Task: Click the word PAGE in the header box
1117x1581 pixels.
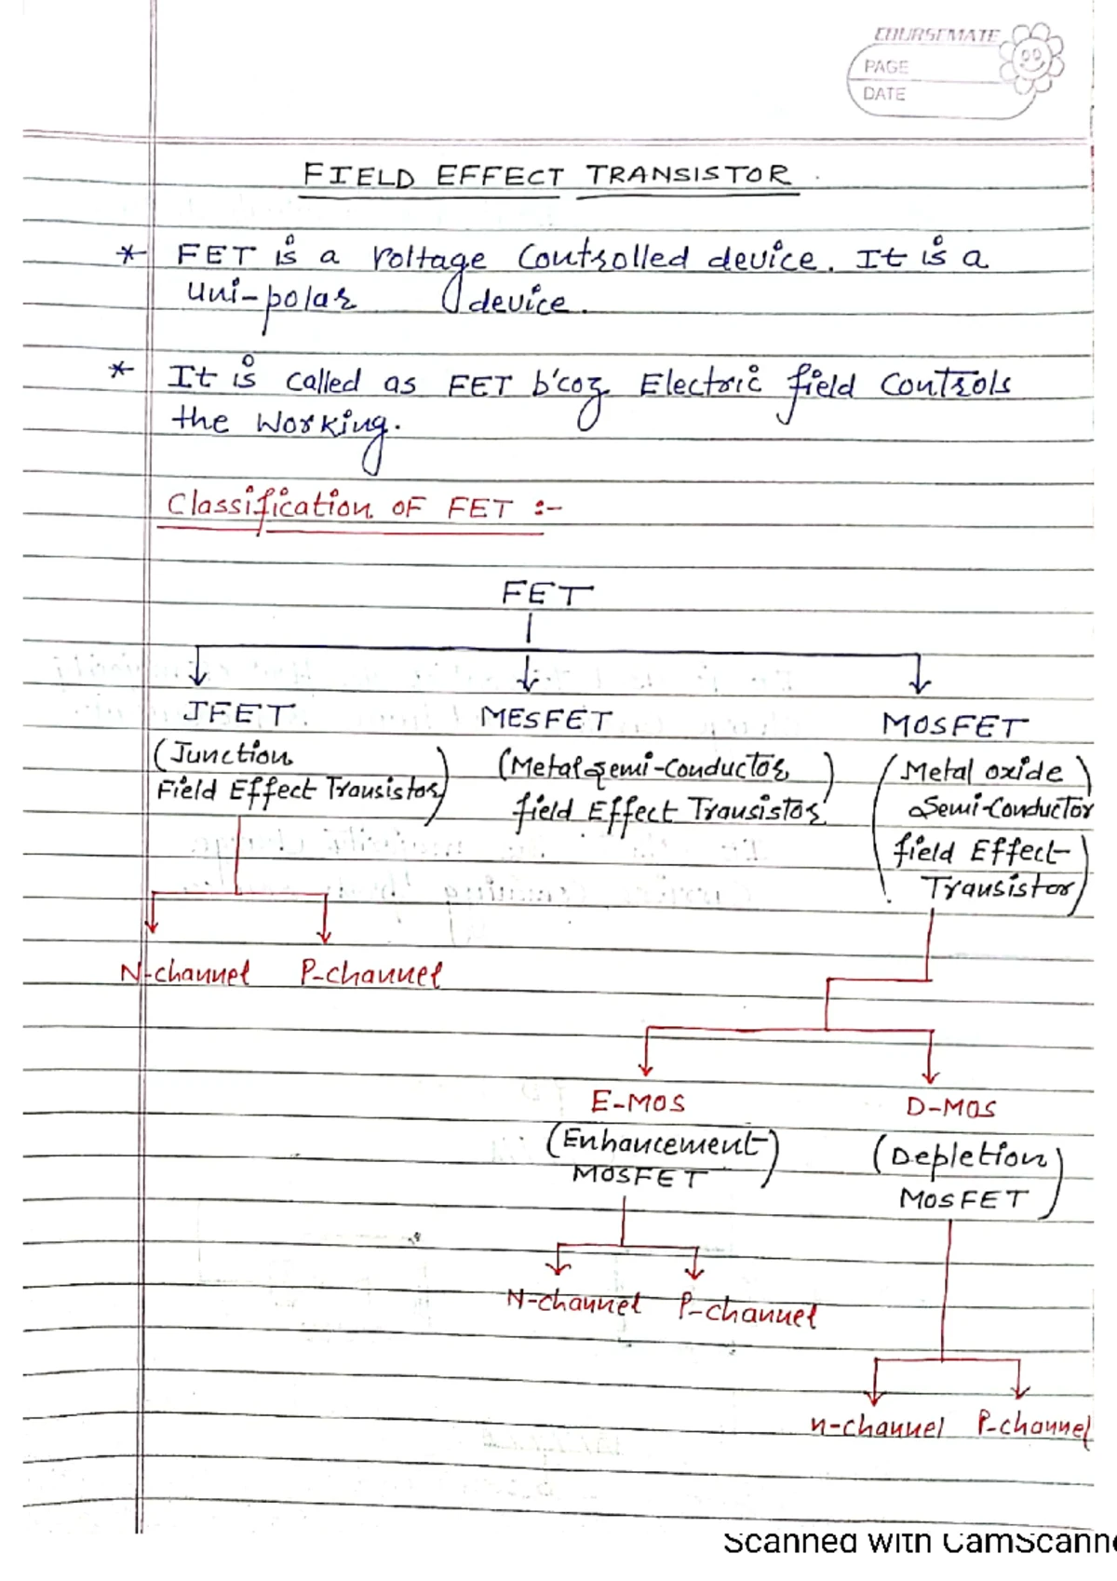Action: pyautogui.click(x=885, y=67)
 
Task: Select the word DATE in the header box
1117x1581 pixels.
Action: pyautogui.click(x=883, y=94)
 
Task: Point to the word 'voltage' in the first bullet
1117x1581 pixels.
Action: pyautogui.click(x=428, y=259)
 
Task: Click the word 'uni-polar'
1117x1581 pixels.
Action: pyautogui.click(x=271, y=298)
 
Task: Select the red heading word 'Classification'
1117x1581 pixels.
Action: pyautogui.click(x=268, y=507)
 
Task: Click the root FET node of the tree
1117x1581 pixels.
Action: pyautogui.click(x=545, y=593)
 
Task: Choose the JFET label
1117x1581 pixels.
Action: pyautogui.click(x=237, y=714)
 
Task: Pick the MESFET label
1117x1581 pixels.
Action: pyautogui.click(x=546, y=719)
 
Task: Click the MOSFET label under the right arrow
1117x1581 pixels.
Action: pyautogui.click(x=953, y=724)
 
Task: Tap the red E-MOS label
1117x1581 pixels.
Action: pyautogui.click(x=638, y=1103)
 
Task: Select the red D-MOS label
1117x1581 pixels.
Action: pyautogui.click(x=950, y=1107)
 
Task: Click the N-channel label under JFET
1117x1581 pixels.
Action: pyautogui.click(x=185, y=974)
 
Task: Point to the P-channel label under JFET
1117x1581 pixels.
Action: pyautogui.click(x=370, y=974)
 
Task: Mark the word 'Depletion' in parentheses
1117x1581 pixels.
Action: pyautogui.click(x=967, y=1157)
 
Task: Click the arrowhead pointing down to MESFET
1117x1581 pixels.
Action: pyautogui.click(x=528, y=683)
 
